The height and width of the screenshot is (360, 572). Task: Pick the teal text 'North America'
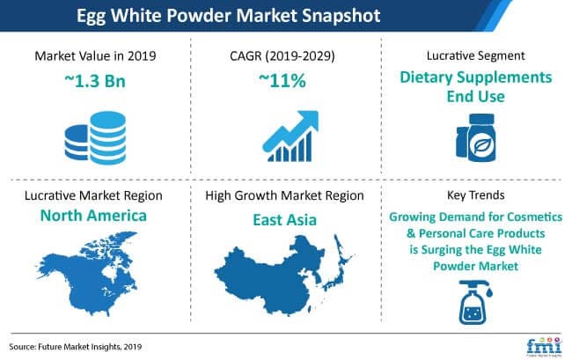pyautogui.click(x=95, y=216)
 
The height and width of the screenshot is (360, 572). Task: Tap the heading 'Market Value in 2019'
pyautogui.click(x=95, y=55)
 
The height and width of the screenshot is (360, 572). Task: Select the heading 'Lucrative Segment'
pyautogui.click(x=477, y=55)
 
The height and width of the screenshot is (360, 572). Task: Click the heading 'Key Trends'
pyautogui.click(x=477, y=196)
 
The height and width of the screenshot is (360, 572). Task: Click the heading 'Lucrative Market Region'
pyautogui.click(x=95, y=196)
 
